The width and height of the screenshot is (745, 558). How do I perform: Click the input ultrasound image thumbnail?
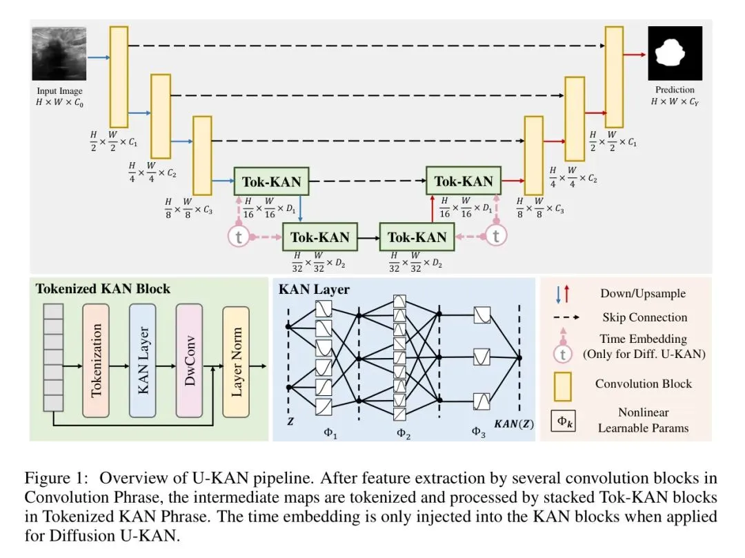59,54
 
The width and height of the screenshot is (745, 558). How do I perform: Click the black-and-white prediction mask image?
674,54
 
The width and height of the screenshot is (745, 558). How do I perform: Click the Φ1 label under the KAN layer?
321,432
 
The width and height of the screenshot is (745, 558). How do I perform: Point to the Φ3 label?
479,432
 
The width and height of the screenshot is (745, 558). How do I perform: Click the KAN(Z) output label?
513,421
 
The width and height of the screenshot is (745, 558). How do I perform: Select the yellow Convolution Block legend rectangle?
564,383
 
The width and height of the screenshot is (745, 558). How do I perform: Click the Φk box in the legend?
563,420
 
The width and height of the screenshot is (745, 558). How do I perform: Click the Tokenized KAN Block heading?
103,288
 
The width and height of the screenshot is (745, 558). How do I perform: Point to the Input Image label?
59,91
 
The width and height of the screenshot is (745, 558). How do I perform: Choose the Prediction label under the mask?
675,90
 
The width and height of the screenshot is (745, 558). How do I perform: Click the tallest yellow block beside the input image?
119,77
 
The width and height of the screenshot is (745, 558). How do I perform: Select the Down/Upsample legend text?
643,293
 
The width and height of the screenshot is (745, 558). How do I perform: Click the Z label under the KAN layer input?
290,421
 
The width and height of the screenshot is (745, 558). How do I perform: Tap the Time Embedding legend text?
644,339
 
